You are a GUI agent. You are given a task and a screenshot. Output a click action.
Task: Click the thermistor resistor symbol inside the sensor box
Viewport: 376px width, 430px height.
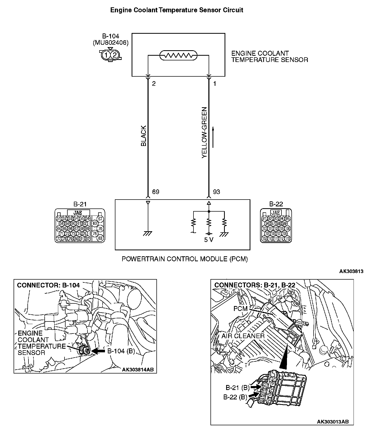click(178, 55)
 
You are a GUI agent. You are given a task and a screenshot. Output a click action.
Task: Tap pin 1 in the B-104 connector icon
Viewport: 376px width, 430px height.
click(106, 55)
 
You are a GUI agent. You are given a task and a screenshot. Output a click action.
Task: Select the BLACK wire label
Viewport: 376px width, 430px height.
click(144, 136)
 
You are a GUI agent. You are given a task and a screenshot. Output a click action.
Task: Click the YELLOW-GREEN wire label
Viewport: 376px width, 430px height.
click(204, 132)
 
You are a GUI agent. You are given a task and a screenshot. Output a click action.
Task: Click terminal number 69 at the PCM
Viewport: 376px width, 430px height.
click(156, 192)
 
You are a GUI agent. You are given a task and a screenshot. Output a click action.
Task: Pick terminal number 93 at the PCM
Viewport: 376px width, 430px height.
click(216, 192)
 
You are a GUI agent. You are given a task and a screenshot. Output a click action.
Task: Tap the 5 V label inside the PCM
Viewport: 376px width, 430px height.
click(209, 240)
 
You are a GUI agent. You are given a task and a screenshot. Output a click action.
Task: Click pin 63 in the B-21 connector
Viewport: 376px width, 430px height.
click(95, 223)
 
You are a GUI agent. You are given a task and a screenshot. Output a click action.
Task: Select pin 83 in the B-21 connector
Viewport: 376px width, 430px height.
click(100, 238)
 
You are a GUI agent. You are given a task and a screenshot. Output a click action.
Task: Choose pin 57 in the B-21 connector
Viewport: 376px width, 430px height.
click(100, 219)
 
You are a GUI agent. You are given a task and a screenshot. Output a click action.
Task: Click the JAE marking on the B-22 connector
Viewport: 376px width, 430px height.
click(276, 213)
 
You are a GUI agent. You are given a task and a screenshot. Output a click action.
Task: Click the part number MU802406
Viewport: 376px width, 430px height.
click(111, 43)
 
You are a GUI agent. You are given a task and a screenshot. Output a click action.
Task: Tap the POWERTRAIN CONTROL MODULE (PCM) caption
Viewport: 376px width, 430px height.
click(185, 259)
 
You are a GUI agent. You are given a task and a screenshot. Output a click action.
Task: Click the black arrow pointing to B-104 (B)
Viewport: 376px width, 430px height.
click(98, 351)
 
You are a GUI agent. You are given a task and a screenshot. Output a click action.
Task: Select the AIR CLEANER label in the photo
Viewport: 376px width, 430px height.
click(243, 336)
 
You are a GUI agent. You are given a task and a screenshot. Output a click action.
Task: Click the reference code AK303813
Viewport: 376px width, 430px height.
click(351, 271)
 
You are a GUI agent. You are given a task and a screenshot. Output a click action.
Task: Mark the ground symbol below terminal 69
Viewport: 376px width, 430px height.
click(148, 234)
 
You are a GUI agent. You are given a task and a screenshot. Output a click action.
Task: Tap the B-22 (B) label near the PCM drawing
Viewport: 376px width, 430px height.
click(235, 397)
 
